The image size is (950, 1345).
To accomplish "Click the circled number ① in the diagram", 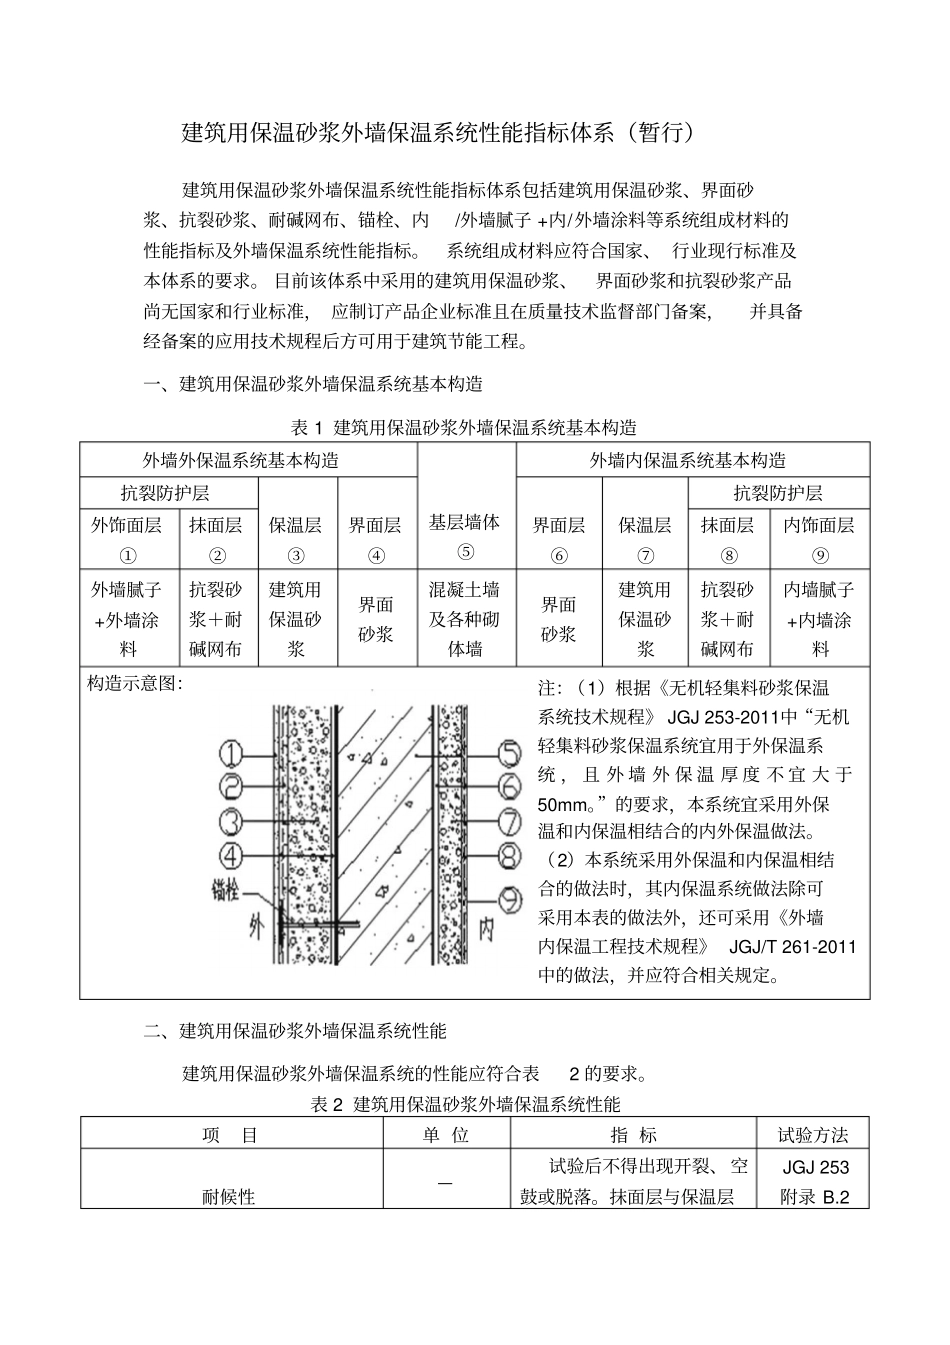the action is (x=231, y=752).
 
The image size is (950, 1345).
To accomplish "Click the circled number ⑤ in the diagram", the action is (x=510, y=752).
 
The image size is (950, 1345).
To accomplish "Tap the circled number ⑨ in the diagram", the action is (x=510, y=898).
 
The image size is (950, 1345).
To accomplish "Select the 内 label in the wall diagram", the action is (x=487, y=929).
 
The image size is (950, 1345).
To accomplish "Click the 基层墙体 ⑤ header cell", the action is (x=465, y=536).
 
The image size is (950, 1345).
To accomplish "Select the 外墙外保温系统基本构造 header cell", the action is (x=248, y=461).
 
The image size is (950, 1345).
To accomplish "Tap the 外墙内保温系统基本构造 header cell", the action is (x=691, y=461).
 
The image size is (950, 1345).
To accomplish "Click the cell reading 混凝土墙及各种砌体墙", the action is (x=465, y=619).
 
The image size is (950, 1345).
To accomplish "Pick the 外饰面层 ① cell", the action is (x=127, y=540).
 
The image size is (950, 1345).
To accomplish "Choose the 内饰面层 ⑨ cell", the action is (x=819, y=540).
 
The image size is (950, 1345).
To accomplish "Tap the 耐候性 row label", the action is (x=229, y=1195).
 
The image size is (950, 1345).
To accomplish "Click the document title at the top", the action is (x=437, y=133).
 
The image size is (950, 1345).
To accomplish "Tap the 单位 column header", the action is (x=446, y=1134).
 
